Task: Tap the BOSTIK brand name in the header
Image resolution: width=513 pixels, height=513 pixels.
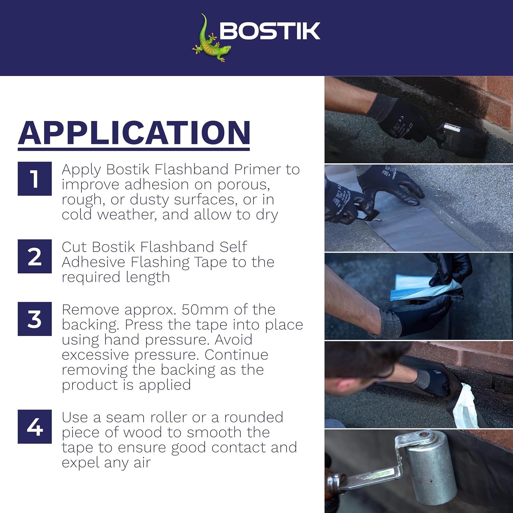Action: point(269,31)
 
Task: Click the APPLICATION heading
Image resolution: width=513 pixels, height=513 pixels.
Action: point(134,133)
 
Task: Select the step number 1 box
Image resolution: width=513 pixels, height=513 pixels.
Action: point(35,179)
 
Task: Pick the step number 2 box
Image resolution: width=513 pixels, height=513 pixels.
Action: point(35,256)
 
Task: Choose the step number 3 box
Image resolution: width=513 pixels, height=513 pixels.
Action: point(35,319)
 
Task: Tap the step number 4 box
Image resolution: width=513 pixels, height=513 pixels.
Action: point(35,426)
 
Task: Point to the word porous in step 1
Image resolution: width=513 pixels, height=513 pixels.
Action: point(244,185)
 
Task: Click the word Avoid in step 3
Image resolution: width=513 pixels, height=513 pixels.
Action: point(234,340)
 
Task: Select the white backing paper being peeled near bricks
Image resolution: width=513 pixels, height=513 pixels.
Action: point(465,407)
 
